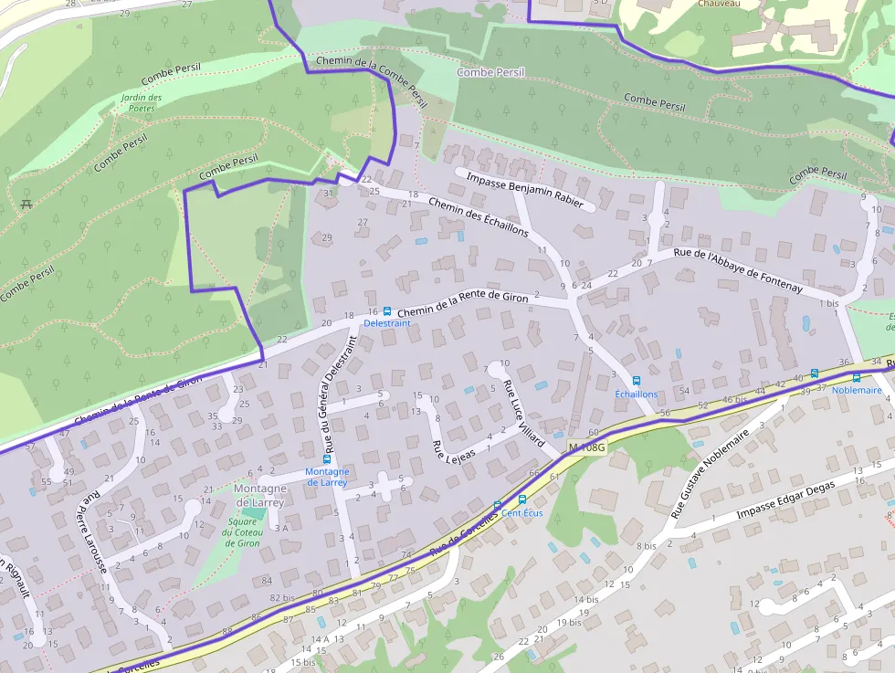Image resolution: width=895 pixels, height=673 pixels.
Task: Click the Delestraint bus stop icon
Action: click(387, 311)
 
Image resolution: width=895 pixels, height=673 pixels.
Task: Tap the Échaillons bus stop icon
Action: click(637, 381)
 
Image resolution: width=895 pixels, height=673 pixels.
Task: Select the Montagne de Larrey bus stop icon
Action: click(327, 459)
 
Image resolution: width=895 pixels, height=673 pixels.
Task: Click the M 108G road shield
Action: click(586, 447)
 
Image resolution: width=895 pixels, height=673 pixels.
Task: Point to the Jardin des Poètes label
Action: click(141, 102)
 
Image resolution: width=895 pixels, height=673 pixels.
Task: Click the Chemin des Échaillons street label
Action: click(478, 217)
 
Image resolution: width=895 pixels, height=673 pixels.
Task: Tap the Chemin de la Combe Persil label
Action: click(371, 79)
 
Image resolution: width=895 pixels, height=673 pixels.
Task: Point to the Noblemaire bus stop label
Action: click(857, 390)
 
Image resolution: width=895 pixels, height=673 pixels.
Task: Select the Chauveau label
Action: click(719, 4)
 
